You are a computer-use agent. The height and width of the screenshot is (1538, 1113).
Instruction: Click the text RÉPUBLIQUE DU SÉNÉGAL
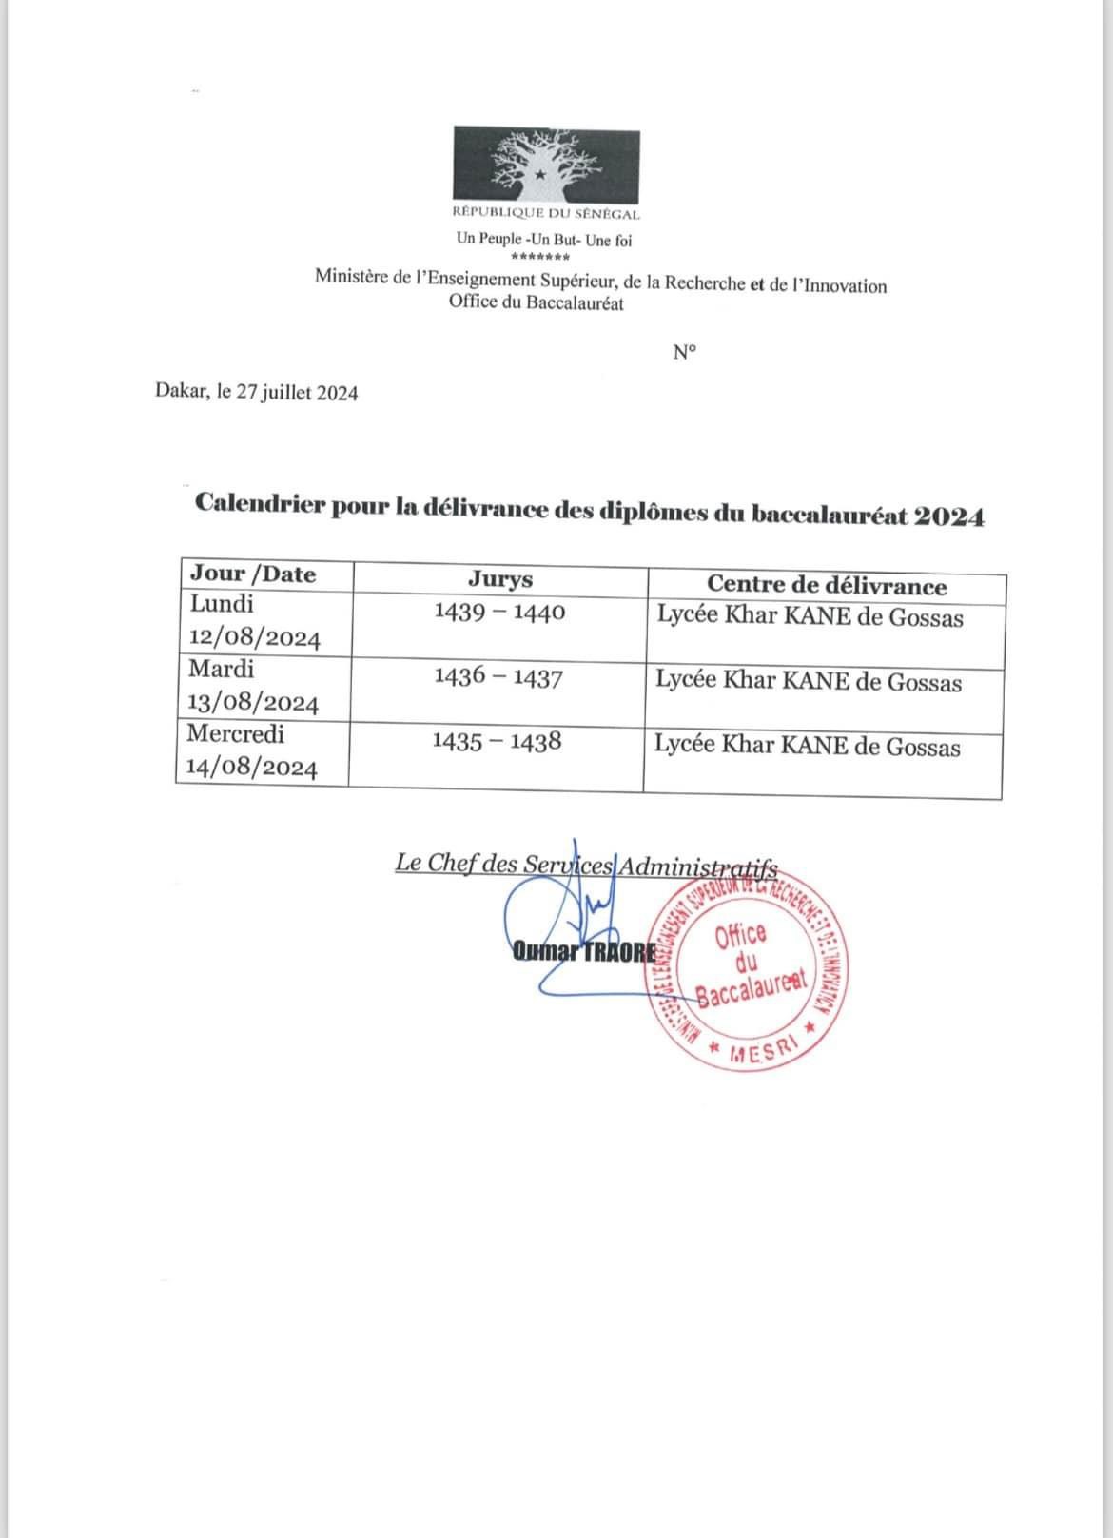coord(546,215)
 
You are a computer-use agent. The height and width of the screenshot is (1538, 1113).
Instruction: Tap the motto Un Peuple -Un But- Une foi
coord(543,240)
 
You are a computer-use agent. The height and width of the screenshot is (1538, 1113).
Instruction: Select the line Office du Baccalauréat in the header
coord(537,303)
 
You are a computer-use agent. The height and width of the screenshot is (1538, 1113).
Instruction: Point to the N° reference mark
coord(684,353)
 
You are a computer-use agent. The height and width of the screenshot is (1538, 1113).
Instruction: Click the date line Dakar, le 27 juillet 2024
coord(257,393)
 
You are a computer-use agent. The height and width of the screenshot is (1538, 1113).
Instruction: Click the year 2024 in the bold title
coord(948,516)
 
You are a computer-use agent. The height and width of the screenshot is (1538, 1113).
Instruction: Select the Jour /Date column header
coord(253,574)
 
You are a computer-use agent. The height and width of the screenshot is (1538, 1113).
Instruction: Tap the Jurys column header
coord(500,578)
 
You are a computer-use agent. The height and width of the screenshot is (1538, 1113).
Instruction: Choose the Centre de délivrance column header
coord(826,586)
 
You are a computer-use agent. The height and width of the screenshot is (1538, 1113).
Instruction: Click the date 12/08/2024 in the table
coord(255,637)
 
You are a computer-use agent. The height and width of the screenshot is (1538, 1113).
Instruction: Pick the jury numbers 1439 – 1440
coord(499,612)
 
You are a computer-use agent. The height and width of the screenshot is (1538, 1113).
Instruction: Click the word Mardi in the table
coord(222,669)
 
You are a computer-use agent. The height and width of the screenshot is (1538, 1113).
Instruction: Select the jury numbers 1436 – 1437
coord(498,677)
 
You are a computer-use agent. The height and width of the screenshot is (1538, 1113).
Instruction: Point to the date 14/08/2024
coord(251,768)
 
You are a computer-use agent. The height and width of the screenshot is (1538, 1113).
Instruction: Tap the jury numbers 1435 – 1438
coord(497,741)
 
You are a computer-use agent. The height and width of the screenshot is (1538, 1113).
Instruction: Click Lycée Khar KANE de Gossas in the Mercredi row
coord(807,746)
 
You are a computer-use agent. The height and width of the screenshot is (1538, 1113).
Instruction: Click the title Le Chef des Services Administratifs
coord(586,865)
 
